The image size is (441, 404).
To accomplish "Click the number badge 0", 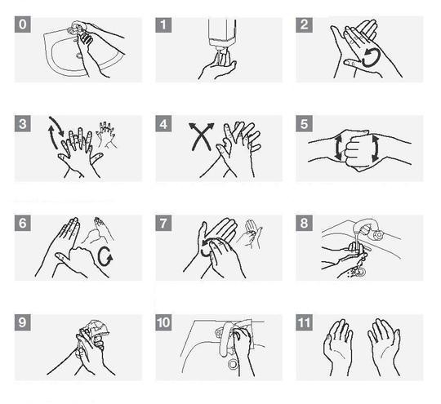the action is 23,24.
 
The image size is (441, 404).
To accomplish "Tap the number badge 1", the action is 163,24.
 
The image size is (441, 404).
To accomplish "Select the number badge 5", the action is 304,124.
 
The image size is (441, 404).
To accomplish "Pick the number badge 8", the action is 304,223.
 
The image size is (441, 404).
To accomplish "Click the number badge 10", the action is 163,322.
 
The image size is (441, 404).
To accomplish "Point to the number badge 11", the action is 304,322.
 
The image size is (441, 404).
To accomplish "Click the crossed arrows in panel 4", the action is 201,136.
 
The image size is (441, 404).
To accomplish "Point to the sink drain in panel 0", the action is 79,55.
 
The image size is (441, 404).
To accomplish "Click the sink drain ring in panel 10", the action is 233,365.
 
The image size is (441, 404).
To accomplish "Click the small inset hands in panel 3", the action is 106,135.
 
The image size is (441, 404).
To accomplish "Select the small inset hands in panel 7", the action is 250,234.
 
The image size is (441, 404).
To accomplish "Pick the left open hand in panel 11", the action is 338,346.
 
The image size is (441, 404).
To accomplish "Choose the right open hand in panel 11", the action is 384,346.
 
